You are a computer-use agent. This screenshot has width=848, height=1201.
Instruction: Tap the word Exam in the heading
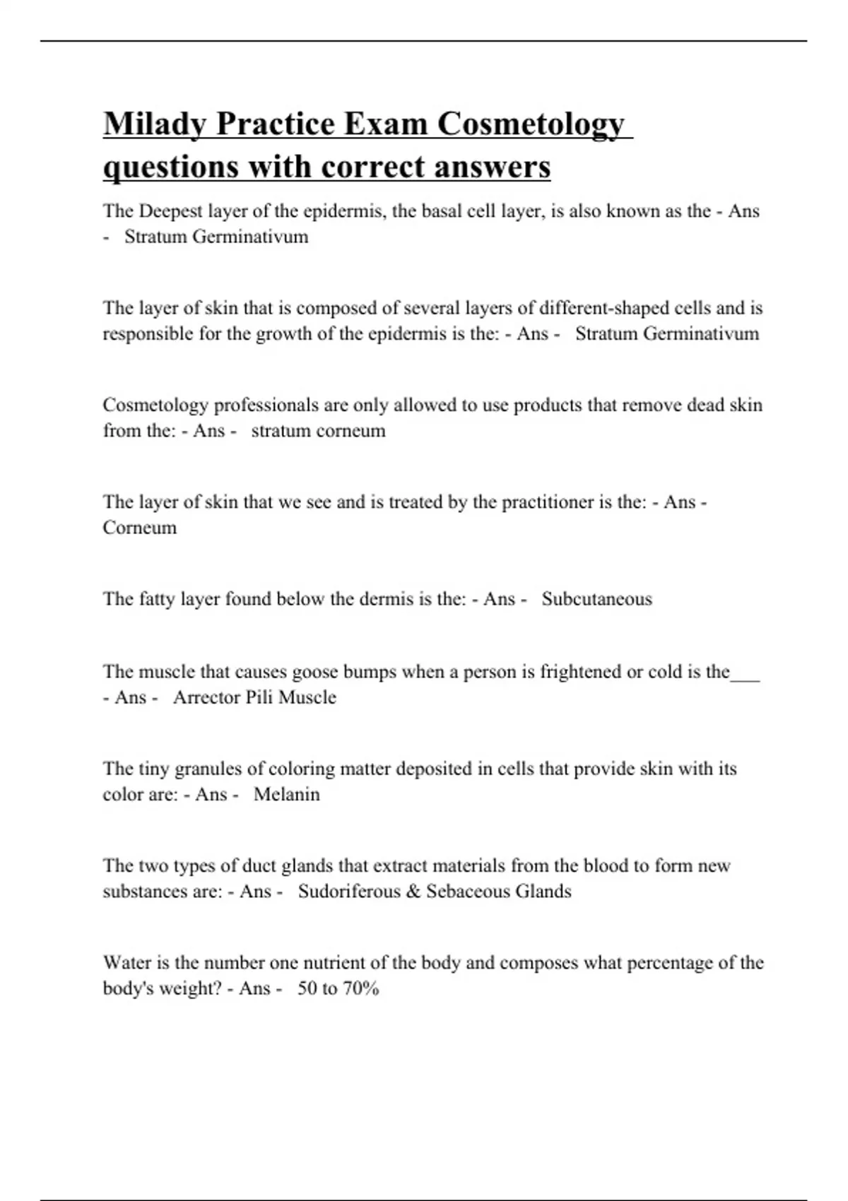389,124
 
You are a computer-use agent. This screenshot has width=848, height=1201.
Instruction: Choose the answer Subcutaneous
596,599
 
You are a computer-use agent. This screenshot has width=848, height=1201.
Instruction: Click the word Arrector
206,697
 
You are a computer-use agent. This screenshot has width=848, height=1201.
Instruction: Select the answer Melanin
286,795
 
